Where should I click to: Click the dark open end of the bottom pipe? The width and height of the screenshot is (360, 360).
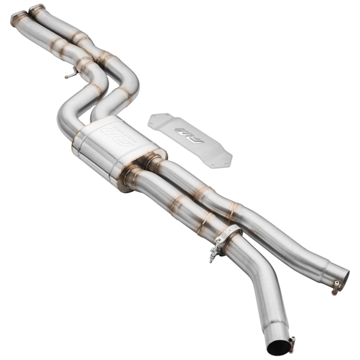point(277,347)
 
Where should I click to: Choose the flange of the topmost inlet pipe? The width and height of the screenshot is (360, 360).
point(37,9)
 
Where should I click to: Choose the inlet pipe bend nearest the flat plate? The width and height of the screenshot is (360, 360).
point(129,87)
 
